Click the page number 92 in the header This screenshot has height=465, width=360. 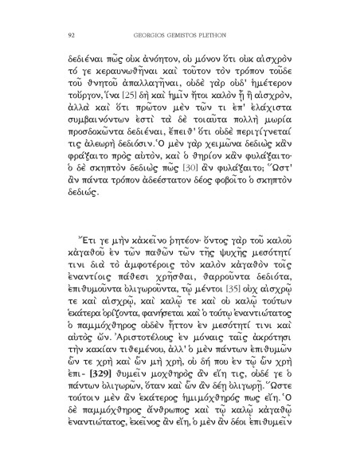tap(72, 34)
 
